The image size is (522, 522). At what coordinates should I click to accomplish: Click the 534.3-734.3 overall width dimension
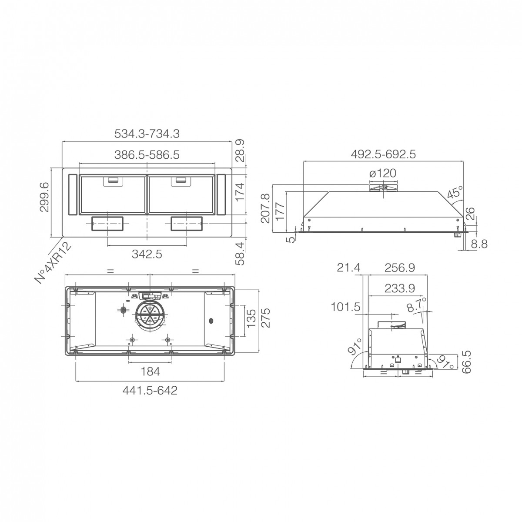tap(147, 134)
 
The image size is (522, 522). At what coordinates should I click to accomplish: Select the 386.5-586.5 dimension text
tap(147, 155)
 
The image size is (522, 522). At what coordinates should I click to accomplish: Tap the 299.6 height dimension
tap(44, 197)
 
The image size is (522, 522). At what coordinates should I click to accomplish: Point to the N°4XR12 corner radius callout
tap(54, 262)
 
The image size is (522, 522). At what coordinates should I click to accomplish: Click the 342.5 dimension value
tap(147, 254)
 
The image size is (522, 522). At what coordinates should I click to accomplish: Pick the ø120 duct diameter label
tap(383, 173)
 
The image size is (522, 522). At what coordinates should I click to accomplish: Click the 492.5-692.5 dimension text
tap(383, 154)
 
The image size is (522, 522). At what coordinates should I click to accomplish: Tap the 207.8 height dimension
tap(266, 208)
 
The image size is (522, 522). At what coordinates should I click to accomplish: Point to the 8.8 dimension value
tap(479, 244)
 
